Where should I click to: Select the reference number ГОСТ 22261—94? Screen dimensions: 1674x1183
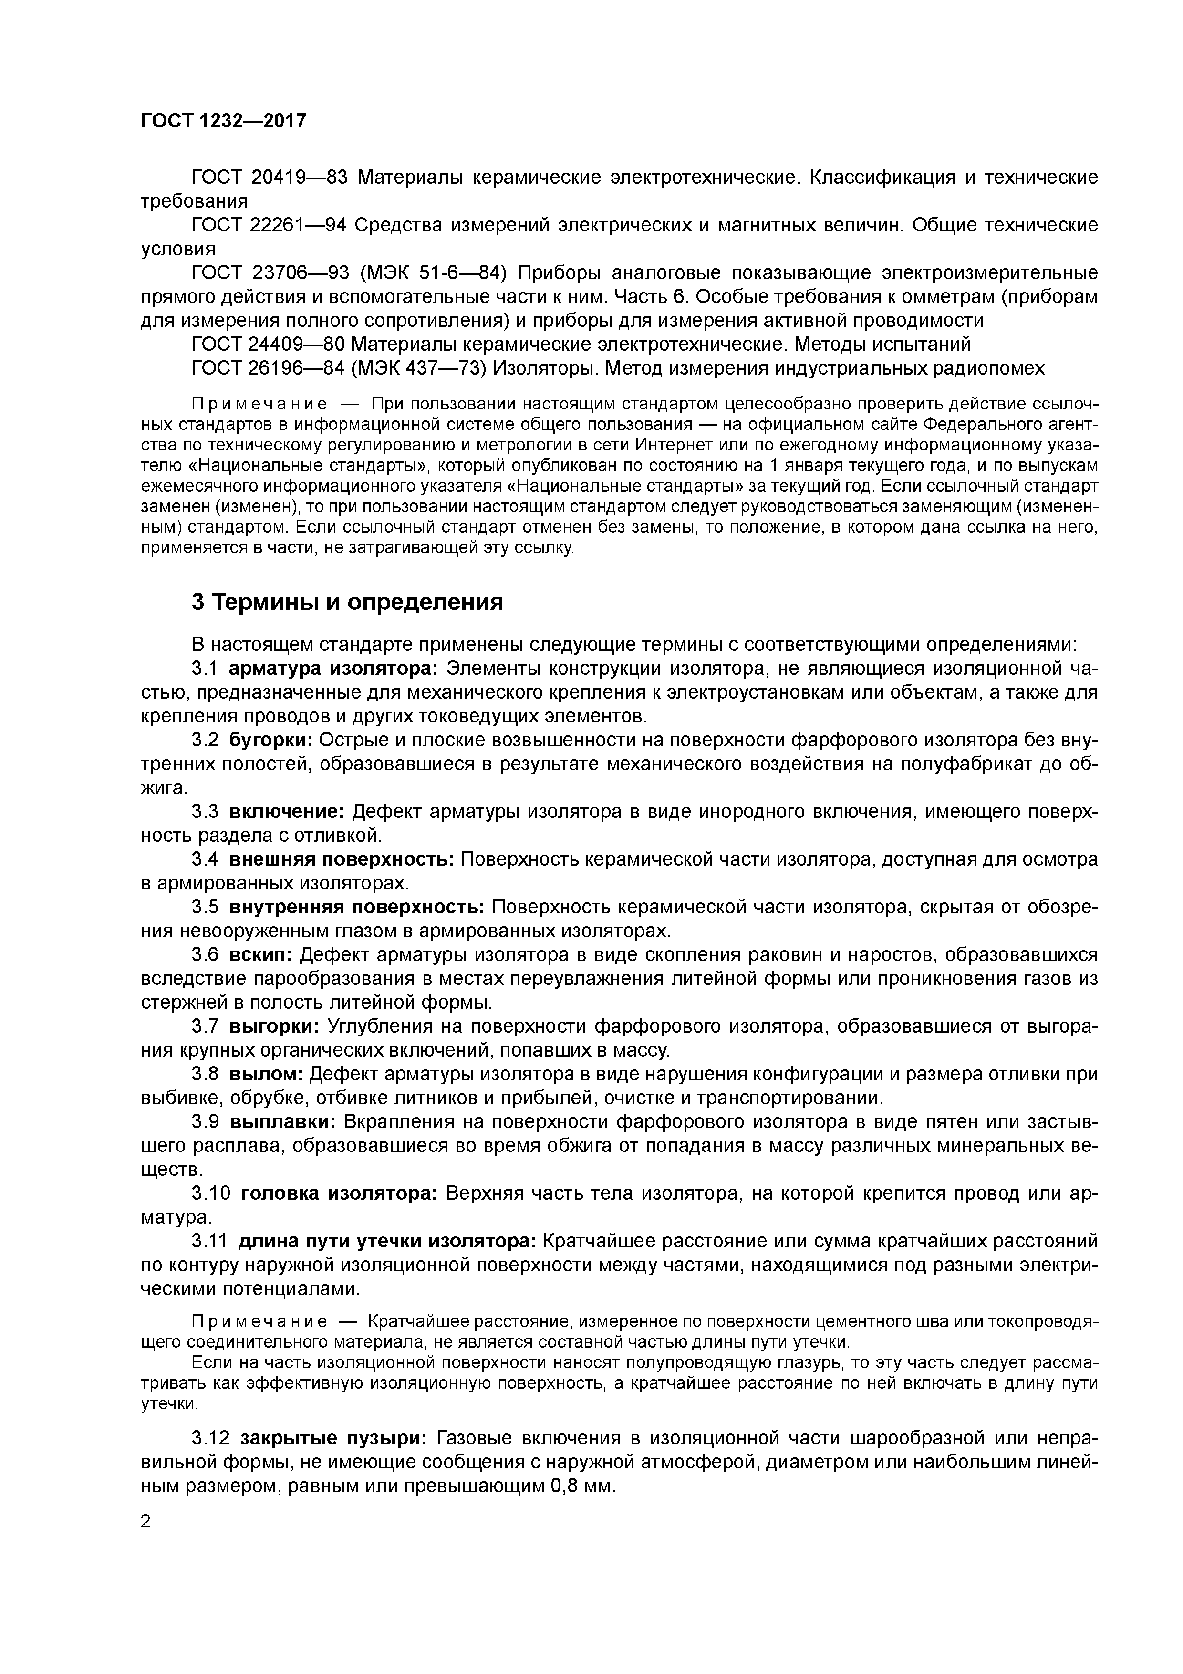pos(269,225)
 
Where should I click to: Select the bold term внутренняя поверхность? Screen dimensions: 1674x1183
pos(356,907)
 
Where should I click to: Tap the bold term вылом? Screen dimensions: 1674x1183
pos(266,1074)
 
